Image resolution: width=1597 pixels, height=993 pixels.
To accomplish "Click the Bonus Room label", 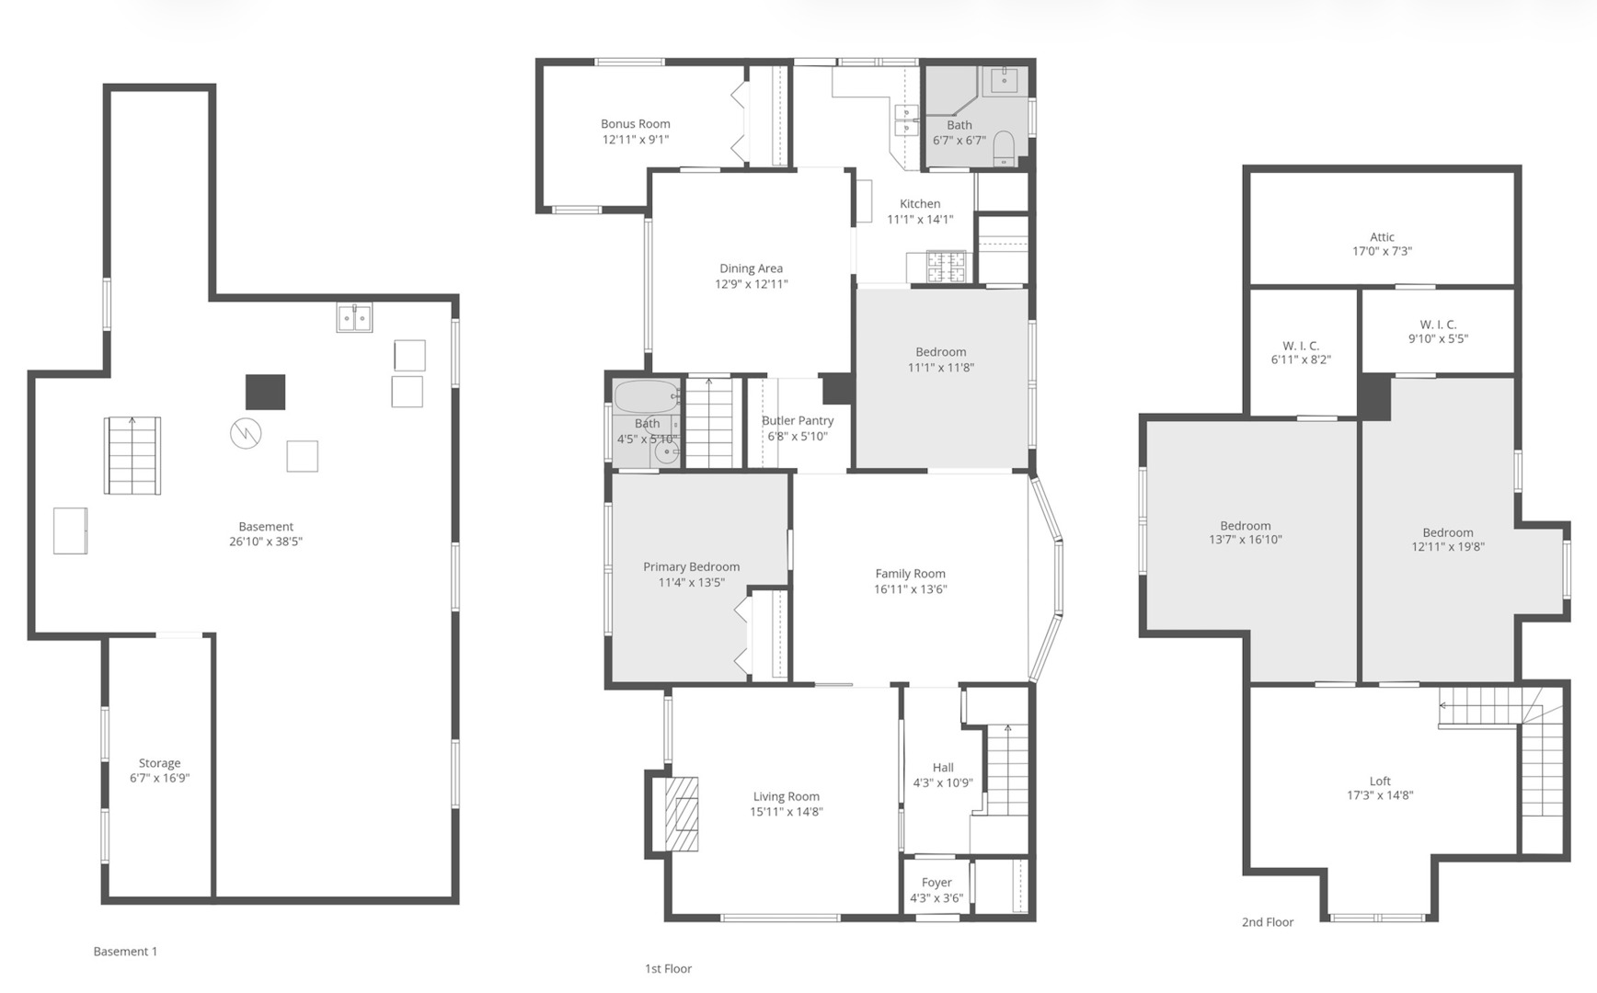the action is (x=636, y=123).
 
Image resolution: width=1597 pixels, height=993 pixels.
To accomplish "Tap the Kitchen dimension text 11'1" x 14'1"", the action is (x=920, y=220).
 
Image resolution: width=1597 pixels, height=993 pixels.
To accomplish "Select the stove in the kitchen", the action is (x=947, y=267).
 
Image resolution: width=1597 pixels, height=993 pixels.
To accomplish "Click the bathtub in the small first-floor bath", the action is (x=647, y=397).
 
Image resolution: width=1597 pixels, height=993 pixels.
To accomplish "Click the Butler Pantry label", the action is (x=798, y=420).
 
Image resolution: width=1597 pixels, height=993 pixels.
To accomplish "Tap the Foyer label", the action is (x=936, y=883).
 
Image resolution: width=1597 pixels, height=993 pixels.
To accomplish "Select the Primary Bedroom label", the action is (x=691, y=566).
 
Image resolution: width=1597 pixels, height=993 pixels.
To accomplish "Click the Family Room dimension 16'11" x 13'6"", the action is (x=910, y=589).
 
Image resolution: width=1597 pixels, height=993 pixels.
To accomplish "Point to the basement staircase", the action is (x=132, y=455).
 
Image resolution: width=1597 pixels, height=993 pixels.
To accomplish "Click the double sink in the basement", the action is (x=354, y=317).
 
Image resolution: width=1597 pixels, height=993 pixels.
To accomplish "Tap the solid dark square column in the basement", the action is (x=265, y=392).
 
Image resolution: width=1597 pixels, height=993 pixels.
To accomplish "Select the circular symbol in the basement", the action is (x=246, y=433).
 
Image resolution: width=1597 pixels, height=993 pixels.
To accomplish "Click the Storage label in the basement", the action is (x=159, y=763).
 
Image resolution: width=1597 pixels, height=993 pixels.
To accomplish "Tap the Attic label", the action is (x=1382, y=236).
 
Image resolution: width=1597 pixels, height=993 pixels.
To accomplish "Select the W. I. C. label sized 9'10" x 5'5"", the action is (x=1438, y=325).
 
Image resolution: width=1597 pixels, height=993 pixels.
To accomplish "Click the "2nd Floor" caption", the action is (x=1268, y=922).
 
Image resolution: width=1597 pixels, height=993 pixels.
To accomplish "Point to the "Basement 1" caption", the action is (x=125, y=952).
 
